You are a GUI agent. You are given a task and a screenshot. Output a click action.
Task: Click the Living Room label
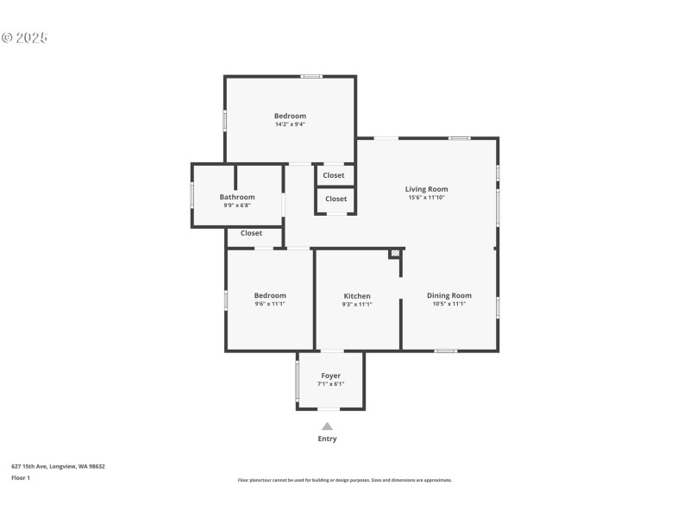[427, 189]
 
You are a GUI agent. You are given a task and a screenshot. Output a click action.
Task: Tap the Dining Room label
[449, 295]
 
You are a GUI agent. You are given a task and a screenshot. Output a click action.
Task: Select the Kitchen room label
[357, 296]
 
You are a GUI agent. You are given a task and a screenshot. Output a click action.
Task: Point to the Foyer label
[330, 376]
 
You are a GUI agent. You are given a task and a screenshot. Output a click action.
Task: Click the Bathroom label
[237, 197]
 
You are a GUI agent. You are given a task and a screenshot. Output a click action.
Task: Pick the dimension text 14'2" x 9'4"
[290, 124]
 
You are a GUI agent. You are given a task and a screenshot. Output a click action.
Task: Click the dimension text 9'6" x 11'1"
[270, 304]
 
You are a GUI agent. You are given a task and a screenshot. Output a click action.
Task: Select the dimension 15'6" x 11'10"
[427, 198]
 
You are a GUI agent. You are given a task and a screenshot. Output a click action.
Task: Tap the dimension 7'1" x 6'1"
[330, 384]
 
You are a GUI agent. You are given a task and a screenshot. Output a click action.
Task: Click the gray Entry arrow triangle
[327, 426]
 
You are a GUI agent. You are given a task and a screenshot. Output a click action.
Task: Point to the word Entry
[327, 439]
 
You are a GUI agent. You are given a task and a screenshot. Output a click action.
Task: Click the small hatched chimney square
[395, 254]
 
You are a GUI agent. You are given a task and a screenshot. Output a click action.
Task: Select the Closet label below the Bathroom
[251, 233]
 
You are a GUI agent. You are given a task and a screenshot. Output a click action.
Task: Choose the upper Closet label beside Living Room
[334, 175]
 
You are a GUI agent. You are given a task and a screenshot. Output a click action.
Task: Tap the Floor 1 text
[21, 477]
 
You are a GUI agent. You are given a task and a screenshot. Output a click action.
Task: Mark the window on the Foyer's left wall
[297, 381]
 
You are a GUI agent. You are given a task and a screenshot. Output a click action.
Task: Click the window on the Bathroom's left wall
[192, 194]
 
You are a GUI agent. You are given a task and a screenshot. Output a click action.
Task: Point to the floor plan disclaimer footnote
[344, 480]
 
